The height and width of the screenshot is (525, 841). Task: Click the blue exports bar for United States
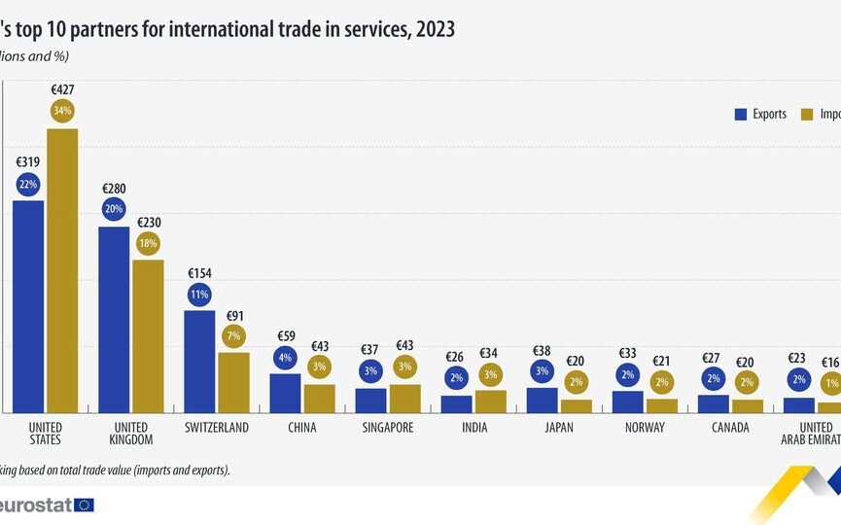[x=28, y=306]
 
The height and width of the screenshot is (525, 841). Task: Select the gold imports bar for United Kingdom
[x=148, y=335]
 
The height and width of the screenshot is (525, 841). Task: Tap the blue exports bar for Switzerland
[x=199, y=361]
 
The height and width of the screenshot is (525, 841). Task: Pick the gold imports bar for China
[x=319, y=398]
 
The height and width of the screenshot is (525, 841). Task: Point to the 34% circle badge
[x=62, y=111]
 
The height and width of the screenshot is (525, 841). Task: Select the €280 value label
[x=114, y=189]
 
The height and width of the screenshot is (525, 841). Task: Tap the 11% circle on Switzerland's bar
[x=199, y=294]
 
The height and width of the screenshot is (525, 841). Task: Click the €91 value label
[x=233, y=316]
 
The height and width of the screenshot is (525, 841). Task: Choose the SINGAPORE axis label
[x=388, y=428]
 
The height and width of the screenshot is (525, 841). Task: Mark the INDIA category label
[x=473, y=428]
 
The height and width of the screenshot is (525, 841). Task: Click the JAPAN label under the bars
[x=559, y=428]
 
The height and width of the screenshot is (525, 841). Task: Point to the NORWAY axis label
[x=645, y=428]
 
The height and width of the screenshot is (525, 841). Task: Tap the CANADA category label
[x=730, y=428]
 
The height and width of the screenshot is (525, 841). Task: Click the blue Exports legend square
[x=740, y=115]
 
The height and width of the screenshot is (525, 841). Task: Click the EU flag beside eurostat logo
[x=84, y=505]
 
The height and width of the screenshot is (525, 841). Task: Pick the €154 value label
[x=199, y=273]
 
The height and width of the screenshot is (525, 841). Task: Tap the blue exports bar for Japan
[x=543, y=400]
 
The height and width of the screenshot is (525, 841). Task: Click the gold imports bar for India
[x=490, y=401]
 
